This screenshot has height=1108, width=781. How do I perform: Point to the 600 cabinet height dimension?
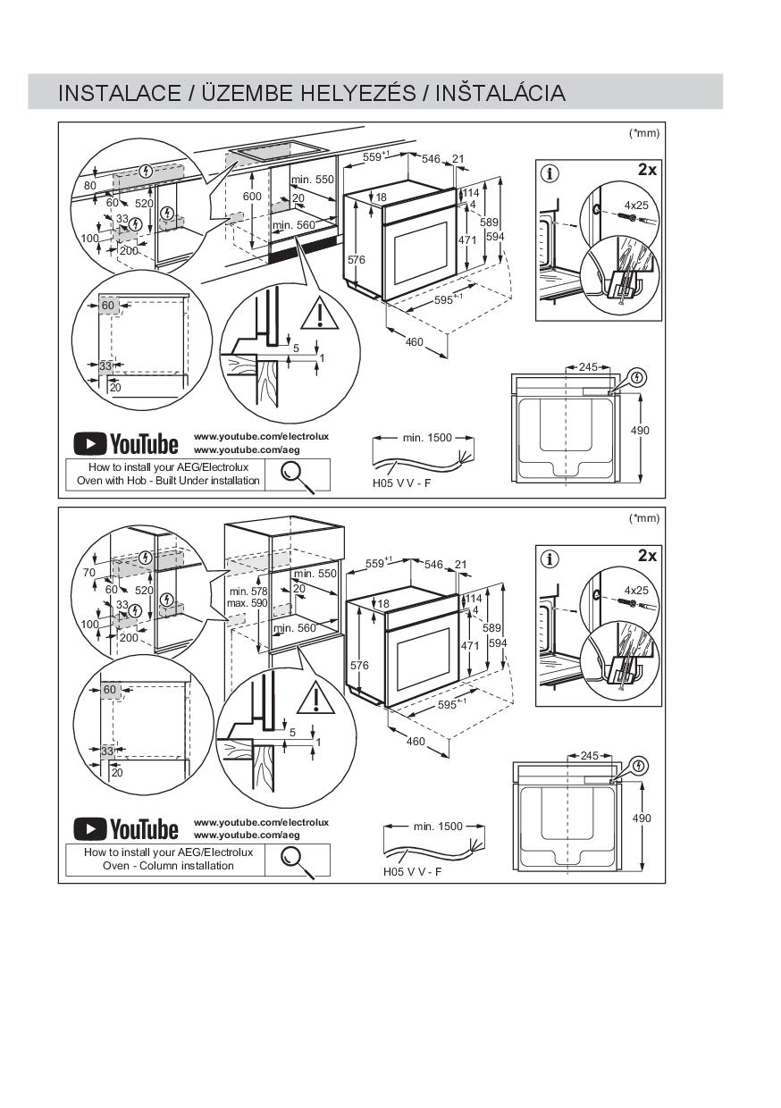pyautogui.click(x=252, y=197)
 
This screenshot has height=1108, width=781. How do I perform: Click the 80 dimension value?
pyautogui.click(x=89, y=186)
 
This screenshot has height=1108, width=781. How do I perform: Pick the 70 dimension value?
pyautogui.click(x=88, y=572)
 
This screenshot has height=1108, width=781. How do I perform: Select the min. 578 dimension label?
pyautogui.click(x=248, y=592)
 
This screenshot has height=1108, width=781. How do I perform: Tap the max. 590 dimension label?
pyautogui.click(x=247, y=603)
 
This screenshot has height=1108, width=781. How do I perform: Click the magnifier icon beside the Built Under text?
pyautogui.click(x=298, y=474)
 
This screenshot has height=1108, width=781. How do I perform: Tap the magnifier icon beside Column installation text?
pyautogui.click(x=298, y=860)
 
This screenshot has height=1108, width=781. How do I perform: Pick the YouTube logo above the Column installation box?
pyautogui.click(x=126, y=829)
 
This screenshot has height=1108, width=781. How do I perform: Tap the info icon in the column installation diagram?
pyautogui.click(x=550, y=558)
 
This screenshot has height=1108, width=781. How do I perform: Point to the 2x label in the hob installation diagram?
pyautogui.click(x=647, y=169)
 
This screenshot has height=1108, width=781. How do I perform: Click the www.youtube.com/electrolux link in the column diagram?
pyautogui.click(x=261, y=822)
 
